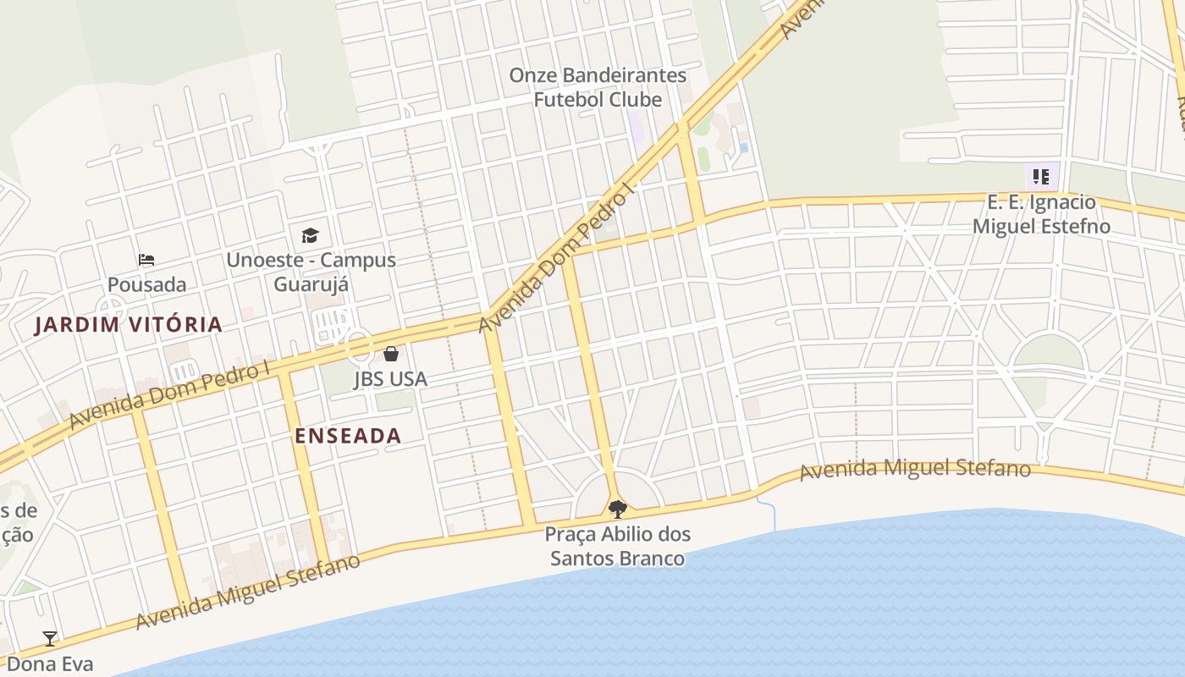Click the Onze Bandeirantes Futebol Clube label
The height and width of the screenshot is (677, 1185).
point(598,87)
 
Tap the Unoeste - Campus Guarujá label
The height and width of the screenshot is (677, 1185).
point(311,271)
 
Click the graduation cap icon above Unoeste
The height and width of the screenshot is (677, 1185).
point(311,235)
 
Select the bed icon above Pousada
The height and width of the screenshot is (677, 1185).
point(146,259)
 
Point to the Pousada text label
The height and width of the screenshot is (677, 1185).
point(146,284)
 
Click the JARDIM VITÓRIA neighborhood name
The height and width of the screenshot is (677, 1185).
point(129,324)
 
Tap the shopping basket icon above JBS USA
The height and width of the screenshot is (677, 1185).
point(391,353)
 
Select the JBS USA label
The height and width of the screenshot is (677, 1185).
point(390,379)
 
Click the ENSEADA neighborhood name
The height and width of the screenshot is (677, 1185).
point(348,436)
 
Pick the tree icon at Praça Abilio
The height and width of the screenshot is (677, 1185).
point(618,509)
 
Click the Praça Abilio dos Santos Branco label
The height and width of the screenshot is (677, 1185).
point(618,546)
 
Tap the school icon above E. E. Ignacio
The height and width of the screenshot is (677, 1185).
point(1041,177)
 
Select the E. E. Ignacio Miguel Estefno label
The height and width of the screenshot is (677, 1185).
point(1041,214)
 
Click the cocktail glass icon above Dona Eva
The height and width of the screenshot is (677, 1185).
point(50,638)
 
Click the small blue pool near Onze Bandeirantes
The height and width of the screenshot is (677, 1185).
point(744,147)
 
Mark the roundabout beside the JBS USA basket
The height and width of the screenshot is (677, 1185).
point(358,346)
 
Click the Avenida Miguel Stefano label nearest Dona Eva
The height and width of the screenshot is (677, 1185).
point(247,592)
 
